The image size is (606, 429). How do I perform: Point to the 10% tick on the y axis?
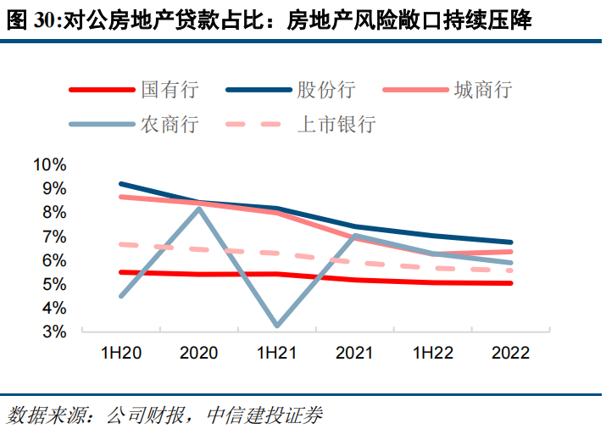(x=48, y=164)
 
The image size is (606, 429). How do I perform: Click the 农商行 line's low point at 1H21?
(x=278, y=325)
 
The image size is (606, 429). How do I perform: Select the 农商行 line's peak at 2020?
(x=199, y=208)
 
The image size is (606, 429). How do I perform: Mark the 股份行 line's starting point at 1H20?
(x=121, y=184)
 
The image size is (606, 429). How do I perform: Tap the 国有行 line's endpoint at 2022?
(x=510, y=283)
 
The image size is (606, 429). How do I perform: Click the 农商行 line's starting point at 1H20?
(x=121, y=296)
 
